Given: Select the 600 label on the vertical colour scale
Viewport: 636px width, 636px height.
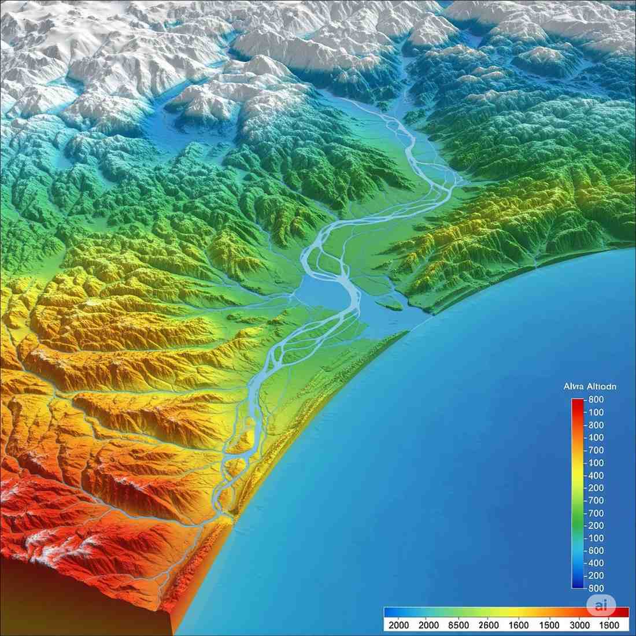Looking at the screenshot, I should pos(596,551).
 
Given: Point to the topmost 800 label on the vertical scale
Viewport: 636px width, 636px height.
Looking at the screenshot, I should pos(596,400).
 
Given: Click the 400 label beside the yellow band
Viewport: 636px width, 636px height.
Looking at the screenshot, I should pos(596,475).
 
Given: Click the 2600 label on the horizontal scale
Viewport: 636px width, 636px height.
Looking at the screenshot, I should pos(489,626).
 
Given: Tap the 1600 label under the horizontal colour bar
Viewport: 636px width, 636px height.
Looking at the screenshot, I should pos(519,626).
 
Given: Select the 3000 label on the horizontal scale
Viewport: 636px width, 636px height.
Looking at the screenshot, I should pos(579,626).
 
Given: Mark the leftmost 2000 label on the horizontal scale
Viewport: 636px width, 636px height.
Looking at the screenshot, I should pos(399,626).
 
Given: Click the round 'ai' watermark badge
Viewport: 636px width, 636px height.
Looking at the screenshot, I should pos(601,605).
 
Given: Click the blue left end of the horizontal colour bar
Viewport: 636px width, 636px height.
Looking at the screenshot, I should pos(390,612).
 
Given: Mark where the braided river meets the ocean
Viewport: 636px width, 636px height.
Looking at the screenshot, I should pos(231,515).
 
